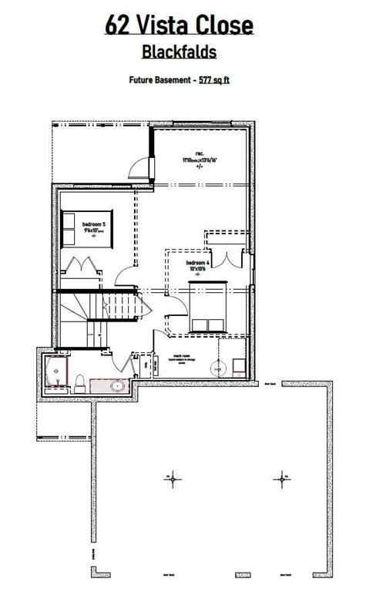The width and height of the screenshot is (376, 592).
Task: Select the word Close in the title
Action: click(x=225, y=26)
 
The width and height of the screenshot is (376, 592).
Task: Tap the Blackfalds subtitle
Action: click(x=179, y=52)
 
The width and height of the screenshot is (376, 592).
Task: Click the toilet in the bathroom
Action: click(x=80, y=380)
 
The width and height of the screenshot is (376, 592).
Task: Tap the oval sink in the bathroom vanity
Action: click(x=116, y=386)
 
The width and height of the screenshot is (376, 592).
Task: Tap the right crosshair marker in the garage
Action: click(x=282, y=479)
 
